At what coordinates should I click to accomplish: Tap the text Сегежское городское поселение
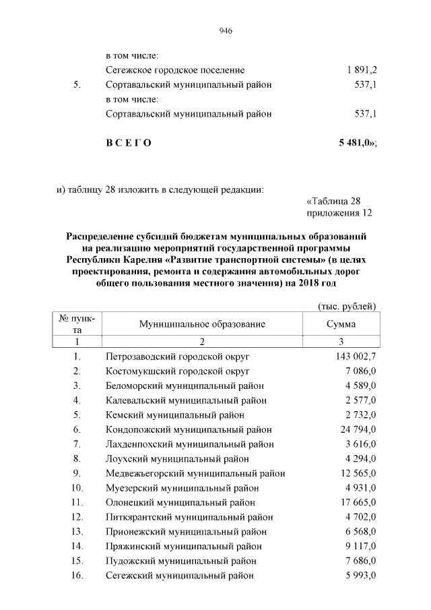tap(175, 70)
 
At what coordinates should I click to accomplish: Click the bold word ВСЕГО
tap(129, 143)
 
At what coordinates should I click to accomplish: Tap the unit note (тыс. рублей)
tap(346, 307)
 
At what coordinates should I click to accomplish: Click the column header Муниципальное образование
tap(202, 324)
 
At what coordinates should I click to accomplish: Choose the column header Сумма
tap(341, 324)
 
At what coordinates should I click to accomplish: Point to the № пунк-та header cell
tap(77, 324)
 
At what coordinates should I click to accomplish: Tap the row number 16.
tap(77, 576)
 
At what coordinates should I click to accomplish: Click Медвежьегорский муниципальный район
tap(195, 473)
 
